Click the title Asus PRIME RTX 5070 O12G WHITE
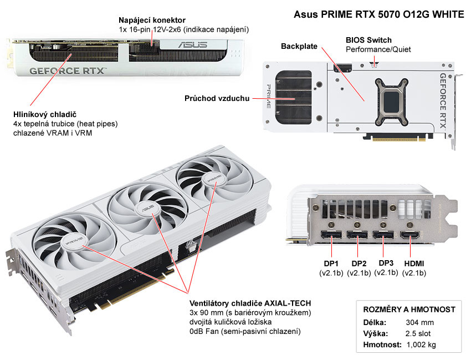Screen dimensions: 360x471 point(378,14)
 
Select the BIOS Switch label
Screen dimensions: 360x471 point(368,40)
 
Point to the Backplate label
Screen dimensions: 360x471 point(299,46)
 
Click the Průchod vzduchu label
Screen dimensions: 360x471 point(217,99)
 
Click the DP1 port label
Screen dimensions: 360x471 point(331,263)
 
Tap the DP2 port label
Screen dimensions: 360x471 point(359,263)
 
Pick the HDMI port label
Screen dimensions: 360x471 point(414,263)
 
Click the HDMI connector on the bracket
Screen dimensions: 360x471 point(413,242)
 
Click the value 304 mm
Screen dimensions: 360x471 point(419,322)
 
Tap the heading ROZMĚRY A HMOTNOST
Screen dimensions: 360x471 point(409,309)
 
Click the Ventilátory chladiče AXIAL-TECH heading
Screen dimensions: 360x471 point(250,303)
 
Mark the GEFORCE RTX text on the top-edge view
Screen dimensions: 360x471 point(66,71)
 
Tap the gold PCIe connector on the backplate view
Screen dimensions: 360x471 point(394,136)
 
